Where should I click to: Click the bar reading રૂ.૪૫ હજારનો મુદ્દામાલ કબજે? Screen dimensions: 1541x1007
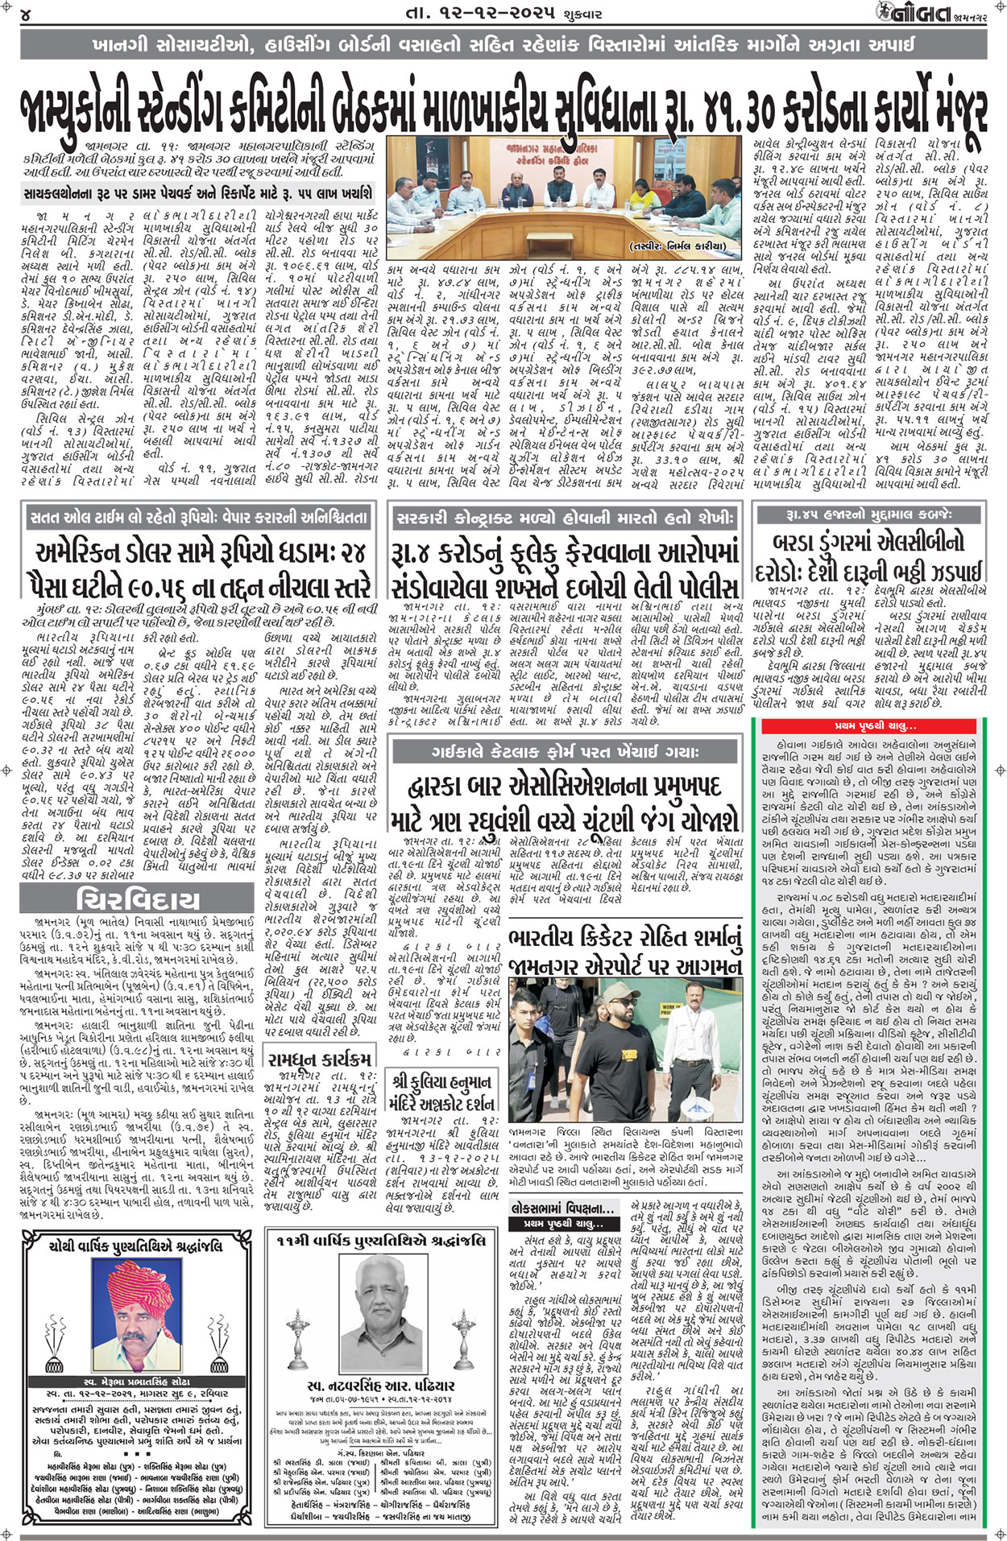click(x=868, y=514)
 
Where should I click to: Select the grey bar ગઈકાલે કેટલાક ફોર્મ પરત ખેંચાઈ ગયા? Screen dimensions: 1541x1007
click(x=564, y=752)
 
